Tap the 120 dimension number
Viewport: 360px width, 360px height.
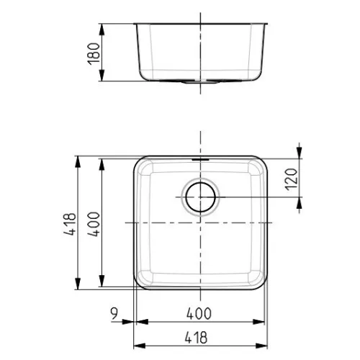click(292, 179)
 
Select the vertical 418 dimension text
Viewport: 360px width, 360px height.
click(70, 224)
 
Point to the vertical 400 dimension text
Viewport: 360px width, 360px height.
click(94, 224)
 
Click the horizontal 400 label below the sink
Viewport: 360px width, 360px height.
click(199, 313)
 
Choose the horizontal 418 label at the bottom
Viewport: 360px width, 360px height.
click(196, 337)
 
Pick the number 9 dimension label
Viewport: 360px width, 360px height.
click(114, 313)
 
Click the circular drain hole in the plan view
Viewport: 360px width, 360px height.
click(201, 197)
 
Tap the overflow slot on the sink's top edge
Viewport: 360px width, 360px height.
click(201, 159)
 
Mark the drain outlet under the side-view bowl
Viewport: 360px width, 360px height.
click(200, 82)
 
